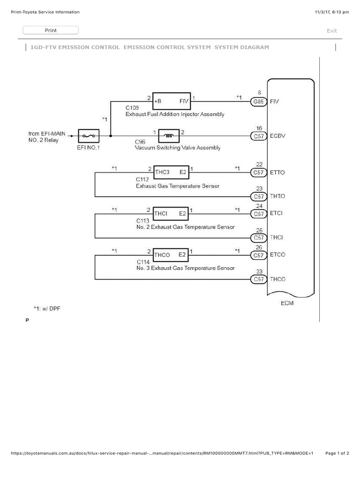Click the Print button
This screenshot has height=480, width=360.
[51, 30]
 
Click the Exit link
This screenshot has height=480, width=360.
[331, 31]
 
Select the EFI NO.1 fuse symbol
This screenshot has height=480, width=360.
[88, 136]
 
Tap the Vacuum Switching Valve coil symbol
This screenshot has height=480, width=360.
[168, 136]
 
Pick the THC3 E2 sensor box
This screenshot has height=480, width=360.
[171, 172]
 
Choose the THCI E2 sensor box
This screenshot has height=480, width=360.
[171, 214]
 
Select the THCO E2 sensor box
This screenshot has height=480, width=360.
[171, 255]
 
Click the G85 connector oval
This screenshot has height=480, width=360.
[259, 101]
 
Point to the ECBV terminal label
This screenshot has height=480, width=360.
[277, 136]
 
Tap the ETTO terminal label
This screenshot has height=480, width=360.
[277, 172]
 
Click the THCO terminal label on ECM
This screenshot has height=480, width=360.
[277, 279]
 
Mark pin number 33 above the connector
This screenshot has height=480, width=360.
[259, 271]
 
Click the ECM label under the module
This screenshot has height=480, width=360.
[287, 303]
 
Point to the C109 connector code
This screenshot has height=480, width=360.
[132, 108]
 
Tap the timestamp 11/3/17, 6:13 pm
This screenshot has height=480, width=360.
[332, 12]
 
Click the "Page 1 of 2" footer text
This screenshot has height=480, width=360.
[337, 453]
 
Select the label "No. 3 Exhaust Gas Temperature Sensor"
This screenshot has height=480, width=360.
[185, 268]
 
